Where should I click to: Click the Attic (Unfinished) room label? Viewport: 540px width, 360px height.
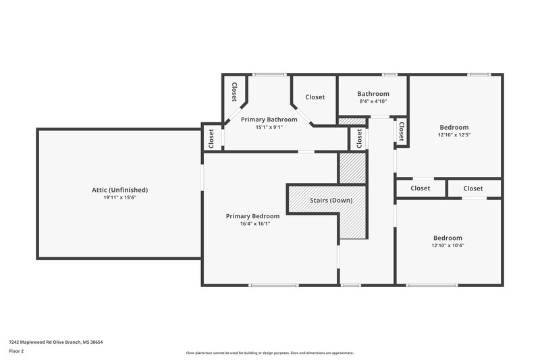[119, 190]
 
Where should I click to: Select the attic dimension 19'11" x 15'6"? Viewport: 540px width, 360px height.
[119, 198]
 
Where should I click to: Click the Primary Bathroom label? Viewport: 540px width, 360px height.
[269, 120]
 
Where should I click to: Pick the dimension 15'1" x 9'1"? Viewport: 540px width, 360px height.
[269, 127]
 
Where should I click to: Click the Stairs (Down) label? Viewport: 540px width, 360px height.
[331, 201]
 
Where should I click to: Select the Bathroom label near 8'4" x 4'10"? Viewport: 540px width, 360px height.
[373, 94]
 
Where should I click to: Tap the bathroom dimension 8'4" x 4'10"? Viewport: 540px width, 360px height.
[373, 101]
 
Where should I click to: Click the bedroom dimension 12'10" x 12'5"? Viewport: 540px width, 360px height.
[454, 134]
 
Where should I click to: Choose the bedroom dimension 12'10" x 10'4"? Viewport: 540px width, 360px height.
[448, 245]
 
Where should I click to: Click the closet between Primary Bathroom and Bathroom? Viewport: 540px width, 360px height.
[315, 97]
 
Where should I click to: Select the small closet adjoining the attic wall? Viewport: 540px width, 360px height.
[211, 138]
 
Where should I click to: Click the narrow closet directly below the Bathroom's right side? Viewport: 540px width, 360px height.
[401, 132]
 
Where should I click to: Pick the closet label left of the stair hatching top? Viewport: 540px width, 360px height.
[356, 138]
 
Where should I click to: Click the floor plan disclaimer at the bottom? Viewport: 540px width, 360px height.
[269, 353]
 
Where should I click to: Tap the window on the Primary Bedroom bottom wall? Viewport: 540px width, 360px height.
[273, 285]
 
